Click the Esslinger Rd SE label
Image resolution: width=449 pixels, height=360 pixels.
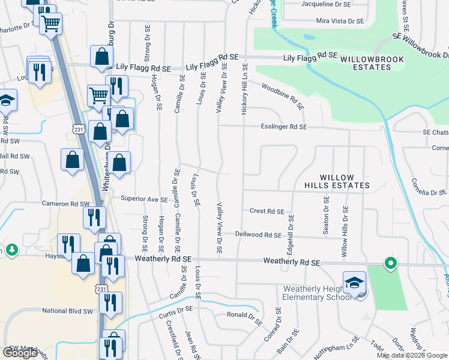point(283,127)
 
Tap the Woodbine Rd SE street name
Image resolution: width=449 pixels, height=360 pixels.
point(282,96)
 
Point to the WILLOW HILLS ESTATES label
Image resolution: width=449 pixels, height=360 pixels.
point(344,182)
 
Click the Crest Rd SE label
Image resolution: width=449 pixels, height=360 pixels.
point(267,211)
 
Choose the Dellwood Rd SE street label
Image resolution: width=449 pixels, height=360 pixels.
point(258,235)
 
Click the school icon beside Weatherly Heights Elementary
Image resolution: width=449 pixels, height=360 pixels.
point(354,281)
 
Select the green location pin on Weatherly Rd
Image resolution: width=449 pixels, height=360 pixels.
point(390,263)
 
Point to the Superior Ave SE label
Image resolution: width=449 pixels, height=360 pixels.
point(144,199)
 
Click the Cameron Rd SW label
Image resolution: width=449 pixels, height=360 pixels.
point(65,203)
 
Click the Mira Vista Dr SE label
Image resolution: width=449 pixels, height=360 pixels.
point(340,20)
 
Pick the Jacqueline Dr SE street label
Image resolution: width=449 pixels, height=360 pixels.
point(326,4)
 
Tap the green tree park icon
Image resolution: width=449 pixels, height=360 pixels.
point(11,250)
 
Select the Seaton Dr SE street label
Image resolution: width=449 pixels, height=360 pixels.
point(326,215)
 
